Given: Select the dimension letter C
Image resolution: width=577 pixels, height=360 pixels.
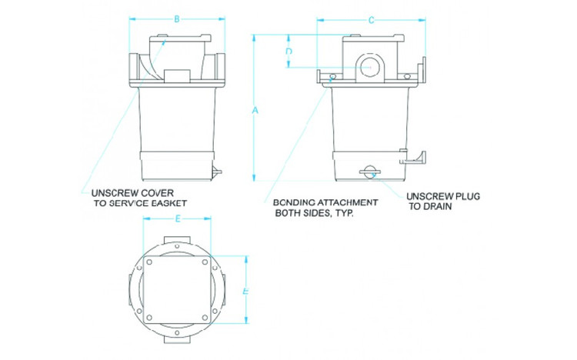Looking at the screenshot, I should [x=372, y=18].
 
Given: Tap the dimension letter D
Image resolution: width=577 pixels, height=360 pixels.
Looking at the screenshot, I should [x=288, y=52].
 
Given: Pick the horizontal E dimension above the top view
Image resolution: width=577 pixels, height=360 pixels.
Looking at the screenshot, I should [x=178, y=219].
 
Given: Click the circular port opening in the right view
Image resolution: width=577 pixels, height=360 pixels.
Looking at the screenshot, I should [x=369, y=68].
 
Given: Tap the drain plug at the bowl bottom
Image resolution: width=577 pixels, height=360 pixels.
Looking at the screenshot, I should [x=371, y=171].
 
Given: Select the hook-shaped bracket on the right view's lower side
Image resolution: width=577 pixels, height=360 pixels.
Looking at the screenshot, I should [x=412, y=158].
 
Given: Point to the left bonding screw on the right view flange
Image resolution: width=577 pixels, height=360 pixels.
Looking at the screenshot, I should [x=331, y=76].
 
